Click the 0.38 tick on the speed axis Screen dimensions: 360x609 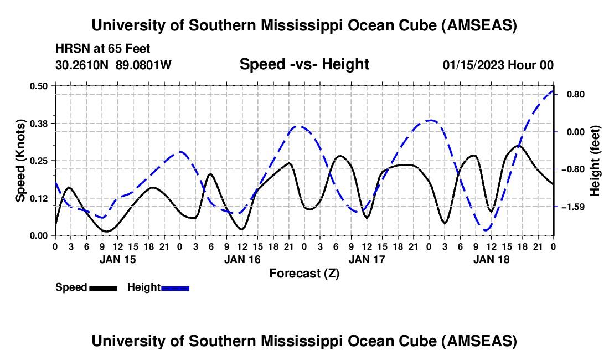(x=39, y=123)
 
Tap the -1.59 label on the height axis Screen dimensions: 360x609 (x=571, y=207)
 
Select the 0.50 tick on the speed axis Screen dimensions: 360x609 (x=39, y=86)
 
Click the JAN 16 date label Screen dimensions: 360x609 (x=242, y=259)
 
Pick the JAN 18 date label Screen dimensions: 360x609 (x=491, y=259)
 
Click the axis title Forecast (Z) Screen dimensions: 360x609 (x=304, y=273)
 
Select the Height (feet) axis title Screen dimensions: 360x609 (x=595, y=161)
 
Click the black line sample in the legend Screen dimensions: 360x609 (x=103, y=287)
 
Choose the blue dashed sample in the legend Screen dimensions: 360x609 (x=176, y=287)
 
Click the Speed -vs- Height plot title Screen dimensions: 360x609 (x=304, y=64)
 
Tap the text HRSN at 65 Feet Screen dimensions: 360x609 (x=103, y=49)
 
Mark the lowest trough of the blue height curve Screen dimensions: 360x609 (x=487, y=230)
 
